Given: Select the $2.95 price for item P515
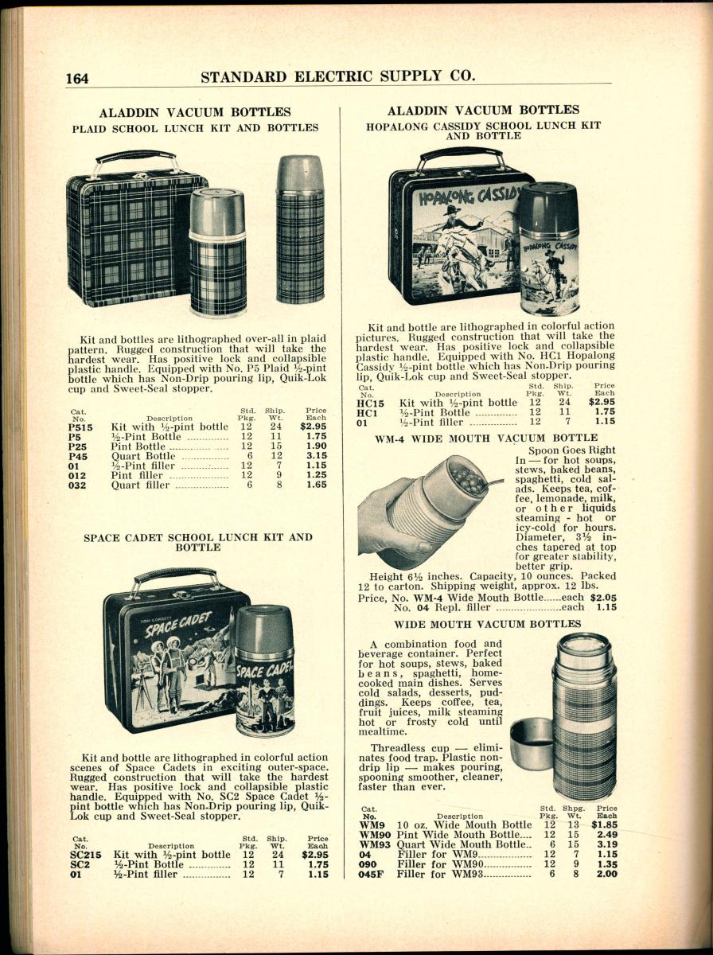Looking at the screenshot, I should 316,427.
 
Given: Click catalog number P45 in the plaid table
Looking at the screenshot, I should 77,456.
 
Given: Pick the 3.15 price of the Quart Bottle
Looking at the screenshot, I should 317,456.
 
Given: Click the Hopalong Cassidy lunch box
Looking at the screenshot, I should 454,239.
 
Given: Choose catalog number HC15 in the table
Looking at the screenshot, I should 371,403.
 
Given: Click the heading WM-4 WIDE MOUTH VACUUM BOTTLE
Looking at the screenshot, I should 485,438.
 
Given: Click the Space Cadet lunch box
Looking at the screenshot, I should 175,657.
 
